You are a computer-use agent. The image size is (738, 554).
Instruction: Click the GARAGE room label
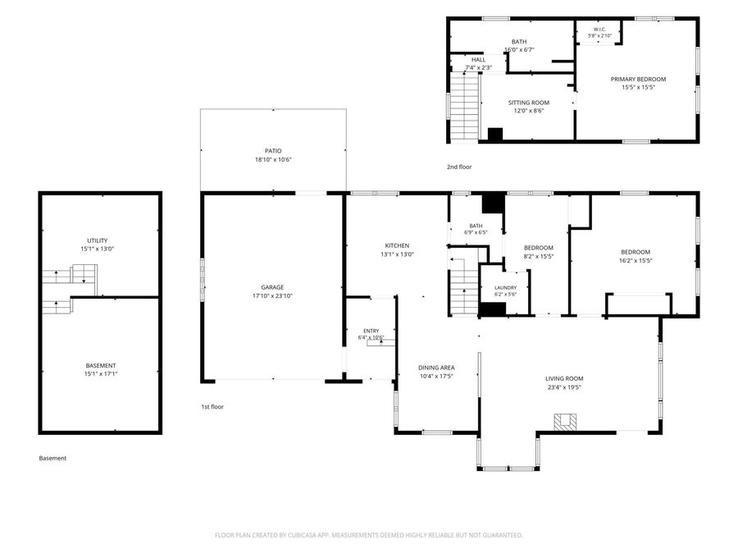pos(272,287)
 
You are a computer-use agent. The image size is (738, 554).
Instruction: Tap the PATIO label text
pos(273,151)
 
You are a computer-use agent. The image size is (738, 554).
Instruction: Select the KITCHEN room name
pos(397,246)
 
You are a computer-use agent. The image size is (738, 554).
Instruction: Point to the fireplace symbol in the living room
pos(565,422)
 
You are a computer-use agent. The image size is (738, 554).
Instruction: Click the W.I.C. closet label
pos(599,30)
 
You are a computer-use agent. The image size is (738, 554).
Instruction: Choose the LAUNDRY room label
pos(505,288)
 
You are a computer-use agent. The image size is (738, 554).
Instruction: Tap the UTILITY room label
pos(98,240)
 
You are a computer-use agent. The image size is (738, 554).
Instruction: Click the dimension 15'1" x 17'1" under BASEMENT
pos(101,374)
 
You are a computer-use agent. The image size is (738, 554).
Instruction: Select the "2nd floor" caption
pos(459,167)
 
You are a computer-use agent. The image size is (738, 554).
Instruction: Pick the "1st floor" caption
pos(212,407)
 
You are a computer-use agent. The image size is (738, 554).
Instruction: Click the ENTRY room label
pos(371,332)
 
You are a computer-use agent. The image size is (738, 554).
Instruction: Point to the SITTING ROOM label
pos(529,103)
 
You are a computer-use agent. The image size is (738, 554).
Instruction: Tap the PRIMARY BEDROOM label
pos(638,79)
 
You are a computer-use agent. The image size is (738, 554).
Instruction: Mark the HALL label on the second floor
pos(478,60)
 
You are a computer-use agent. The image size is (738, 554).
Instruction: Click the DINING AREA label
pos(436,368)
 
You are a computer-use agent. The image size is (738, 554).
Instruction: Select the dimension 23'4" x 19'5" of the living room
pos(564,387)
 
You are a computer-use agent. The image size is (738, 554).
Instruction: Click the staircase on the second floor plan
pos(465,107)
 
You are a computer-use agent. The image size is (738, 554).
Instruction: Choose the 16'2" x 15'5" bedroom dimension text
pos(635,260)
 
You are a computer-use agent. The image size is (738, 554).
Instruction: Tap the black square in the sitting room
pos(495,135)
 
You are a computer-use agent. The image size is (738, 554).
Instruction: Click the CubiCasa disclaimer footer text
pos(368,535)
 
